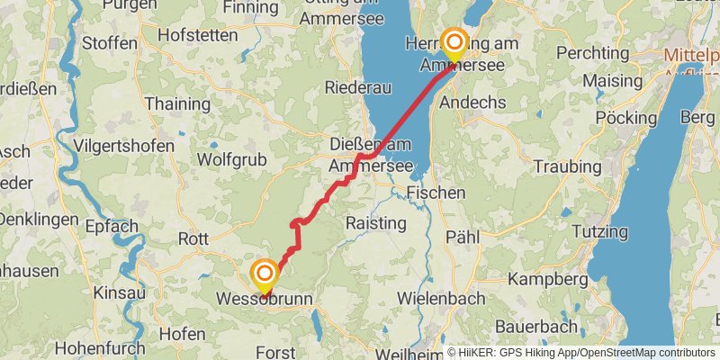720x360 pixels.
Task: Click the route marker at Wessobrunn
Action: pos(265,273)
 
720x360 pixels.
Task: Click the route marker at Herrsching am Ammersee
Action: pos(454,41)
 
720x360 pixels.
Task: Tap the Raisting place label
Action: pos(375,223)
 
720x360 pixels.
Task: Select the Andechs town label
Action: pos(472,103)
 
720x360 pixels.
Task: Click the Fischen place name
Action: pos(436,193)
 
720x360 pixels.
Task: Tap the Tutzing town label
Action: pos(598,231)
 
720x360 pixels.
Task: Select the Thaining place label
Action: pos(177,103)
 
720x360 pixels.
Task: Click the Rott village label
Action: pos(193,239)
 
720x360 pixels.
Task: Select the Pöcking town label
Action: pos(626,118)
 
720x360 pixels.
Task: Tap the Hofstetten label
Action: pos(197,35)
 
